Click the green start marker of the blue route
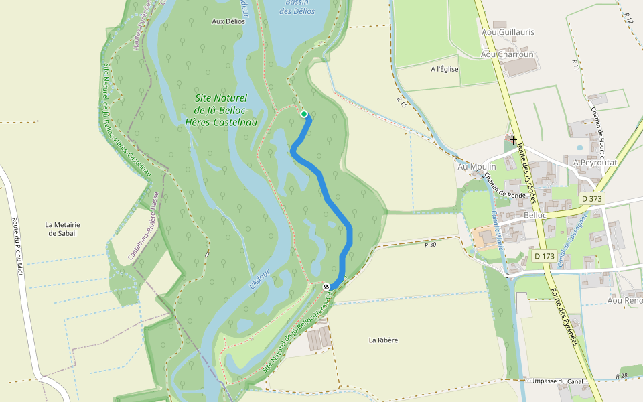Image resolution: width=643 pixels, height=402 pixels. (x=304, y=114)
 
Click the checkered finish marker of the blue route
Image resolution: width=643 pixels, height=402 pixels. (x=326, y=287)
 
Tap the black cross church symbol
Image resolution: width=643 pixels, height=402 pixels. (x=514, y=140)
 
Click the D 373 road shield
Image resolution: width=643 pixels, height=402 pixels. (x=592, y=198)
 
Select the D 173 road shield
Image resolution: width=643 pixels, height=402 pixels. (x=545, y=256)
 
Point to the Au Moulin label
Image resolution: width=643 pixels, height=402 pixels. (x=476, y=166)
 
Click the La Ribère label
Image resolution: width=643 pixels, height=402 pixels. (x=383, y=340)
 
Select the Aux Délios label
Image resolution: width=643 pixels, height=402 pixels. (x=228, y=21)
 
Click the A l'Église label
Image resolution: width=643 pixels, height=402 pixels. (x=445, y=69)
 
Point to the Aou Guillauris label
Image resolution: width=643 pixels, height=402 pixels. (x=508, y=31)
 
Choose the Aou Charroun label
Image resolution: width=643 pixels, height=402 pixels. (x=507, y=54)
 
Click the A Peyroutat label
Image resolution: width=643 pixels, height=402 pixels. (x=594, y=163)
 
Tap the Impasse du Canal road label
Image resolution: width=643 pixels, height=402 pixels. (x=558, y=381)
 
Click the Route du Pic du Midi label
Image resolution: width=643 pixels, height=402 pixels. (x=18, y=249)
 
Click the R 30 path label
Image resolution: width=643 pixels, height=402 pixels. (x=430, y=245)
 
